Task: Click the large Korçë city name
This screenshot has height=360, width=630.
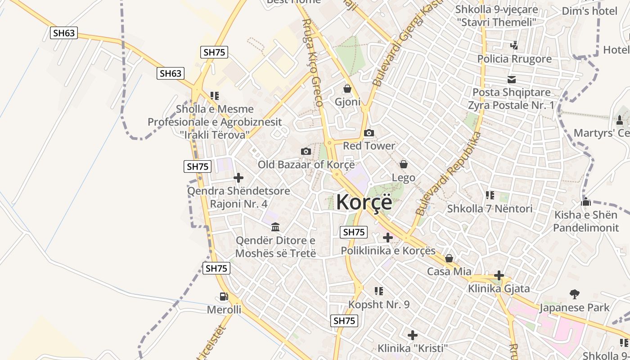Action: tap(364, 202)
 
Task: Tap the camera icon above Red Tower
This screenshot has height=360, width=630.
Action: tap(369, 133)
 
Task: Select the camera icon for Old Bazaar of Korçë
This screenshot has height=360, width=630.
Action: tap(306, 151)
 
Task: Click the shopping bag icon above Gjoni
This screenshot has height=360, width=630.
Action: tap(347, 89)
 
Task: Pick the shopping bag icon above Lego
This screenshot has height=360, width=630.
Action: tap(404, 164)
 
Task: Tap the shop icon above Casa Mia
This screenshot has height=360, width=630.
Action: tap(449, 258)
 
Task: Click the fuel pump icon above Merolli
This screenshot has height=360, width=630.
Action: tap(224, 296)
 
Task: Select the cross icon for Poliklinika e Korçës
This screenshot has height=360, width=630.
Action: tap(387, 238)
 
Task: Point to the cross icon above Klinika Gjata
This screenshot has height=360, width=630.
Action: tap(499, 275)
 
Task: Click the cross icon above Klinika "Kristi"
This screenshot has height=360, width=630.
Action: tap(412, 335)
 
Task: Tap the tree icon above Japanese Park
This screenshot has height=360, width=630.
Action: tap(574, 294)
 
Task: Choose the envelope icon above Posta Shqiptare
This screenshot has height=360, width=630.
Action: tap(512, 80)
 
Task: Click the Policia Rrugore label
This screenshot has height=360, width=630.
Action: tap(514, 59)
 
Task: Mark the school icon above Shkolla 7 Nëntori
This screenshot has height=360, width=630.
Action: tap(490, 195)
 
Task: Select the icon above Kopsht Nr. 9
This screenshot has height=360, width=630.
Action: tap(378, 291)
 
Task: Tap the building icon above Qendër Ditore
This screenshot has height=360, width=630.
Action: tap(275, 227)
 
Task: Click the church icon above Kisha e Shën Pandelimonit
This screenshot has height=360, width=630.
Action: tap(585, 202)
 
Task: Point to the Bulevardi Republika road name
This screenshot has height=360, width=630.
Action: tap(448, 173)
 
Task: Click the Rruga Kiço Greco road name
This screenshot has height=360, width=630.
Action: tap(312, 63)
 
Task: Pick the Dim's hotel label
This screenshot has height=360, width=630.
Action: tap(589, 11)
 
